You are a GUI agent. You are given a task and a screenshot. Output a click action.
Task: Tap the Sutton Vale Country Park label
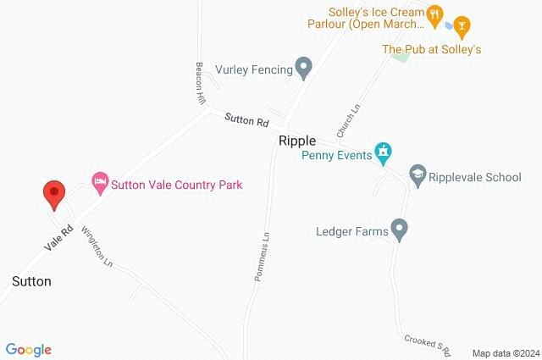pyautogui.click(x=178, y=184)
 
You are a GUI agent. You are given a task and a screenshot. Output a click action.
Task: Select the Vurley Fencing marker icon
pyautogui.click(x=303, y=68)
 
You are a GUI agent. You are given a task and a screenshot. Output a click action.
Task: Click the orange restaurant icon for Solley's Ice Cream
pyautogui.click(x=434, y=13)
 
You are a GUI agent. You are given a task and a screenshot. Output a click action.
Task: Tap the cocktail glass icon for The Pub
pyautogui.click(x=461, y=25)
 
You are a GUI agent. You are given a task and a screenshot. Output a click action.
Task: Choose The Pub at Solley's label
pyautogui.click(x=431, y=50)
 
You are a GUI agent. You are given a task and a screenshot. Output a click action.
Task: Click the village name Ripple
pyautogui.click(x=297, y=141)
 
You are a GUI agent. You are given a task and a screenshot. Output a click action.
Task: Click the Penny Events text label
pyautogui.click(x=337, y=155)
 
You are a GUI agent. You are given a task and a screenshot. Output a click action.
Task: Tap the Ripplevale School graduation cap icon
pyautogui.click(x=417, y=176)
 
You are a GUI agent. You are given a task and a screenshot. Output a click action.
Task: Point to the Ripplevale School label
pyautogui.click(x=475, y=177)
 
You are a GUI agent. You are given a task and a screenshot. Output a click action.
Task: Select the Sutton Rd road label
pyautogui.click(x=246, y=121)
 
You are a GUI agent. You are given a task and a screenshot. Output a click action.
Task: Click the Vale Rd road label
pyautogui.click(x=62, y=237)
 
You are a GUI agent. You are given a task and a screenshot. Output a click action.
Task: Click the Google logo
pyautogui.click(x=28, y=350)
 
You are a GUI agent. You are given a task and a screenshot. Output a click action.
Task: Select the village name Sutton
pyautogui.click(x=31, y=281)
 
